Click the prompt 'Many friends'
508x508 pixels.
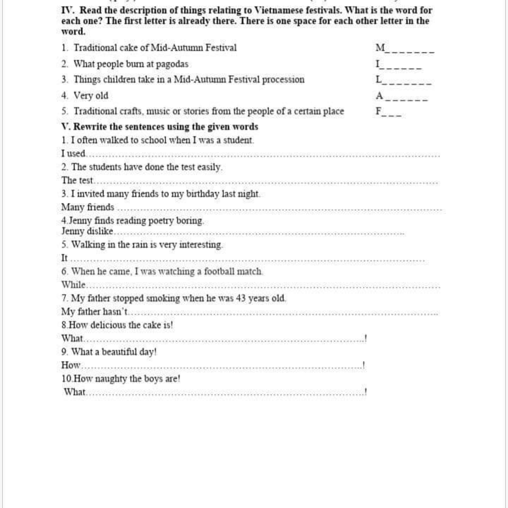click(88, 207)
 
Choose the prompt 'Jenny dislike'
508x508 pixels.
click(87, 231)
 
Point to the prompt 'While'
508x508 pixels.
click(73, 285)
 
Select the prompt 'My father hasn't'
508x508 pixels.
click(95, 312)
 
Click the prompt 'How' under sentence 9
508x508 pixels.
click(70, 365)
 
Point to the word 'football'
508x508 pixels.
click(219, 272)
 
